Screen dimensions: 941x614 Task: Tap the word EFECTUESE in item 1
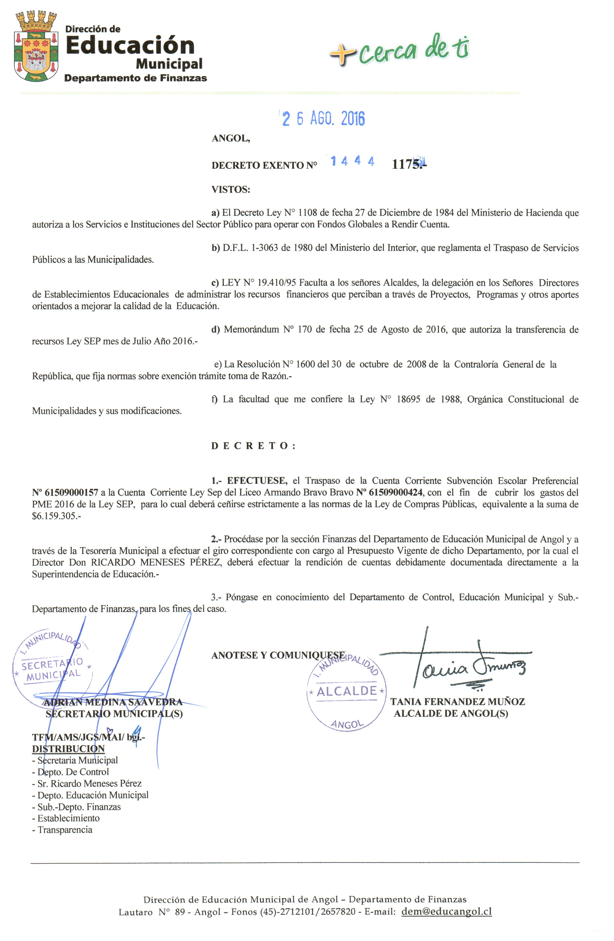257,481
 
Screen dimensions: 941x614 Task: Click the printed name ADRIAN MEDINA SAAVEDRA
113,702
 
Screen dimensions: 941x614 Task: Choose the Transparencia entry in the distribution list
65,830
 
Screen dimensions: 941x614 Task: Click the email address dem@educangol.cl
446,911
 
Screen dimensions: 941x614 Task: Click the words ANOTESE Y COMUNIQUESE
278,655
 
